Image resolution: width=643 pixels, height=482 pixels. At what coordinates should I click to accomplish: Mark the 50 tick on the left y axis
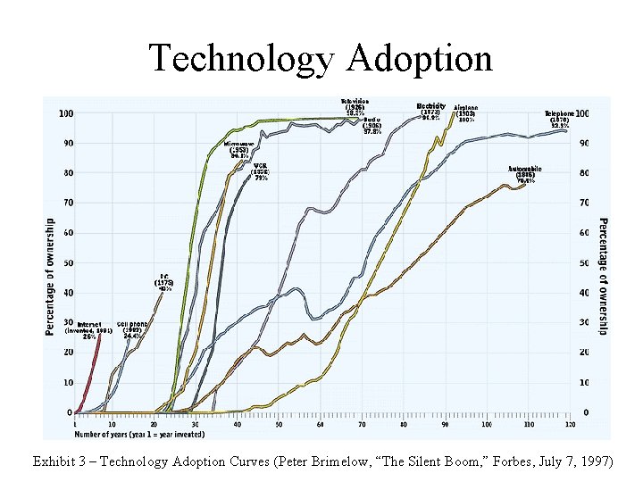point(67,262)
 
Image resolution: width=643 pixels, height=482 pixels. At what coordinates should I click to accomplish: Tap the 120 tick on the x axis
point(569,424)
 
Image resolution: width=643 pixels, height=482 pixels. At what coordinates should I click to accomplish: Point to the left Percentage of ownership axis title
point(49,277)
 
